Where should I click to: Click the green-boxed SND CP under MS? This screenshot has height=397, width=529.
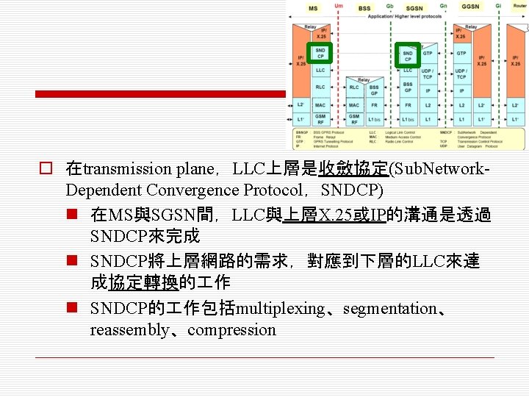(x=320, y=54)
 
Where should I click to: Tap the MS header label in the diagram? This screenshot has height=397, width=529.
(x=313, y=8)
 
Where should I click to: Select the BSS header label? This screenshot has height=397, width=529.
(x=364, y=8)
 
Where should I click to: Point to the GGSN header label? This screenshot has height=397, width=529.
(x=470, y=7)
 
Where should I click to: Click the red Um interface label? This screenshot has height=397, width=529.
(x=338, y=6)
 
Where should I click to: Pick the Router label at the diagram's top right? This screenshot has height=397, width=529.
(x=519, y=6)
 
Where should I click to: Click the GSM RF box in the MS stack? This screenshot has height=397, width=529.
(x=320, y=118)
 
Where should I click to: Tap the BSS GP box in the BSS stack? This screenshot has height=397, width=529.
(x=374, y=90)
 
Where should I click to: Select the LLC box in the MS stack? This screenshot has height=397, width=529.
(x=320, y=71)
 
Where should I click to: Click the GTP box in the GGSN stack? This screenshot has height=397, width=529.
(x=461, y=53)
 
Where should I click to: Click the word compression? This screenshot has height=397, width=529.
(x=231, y=330)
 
